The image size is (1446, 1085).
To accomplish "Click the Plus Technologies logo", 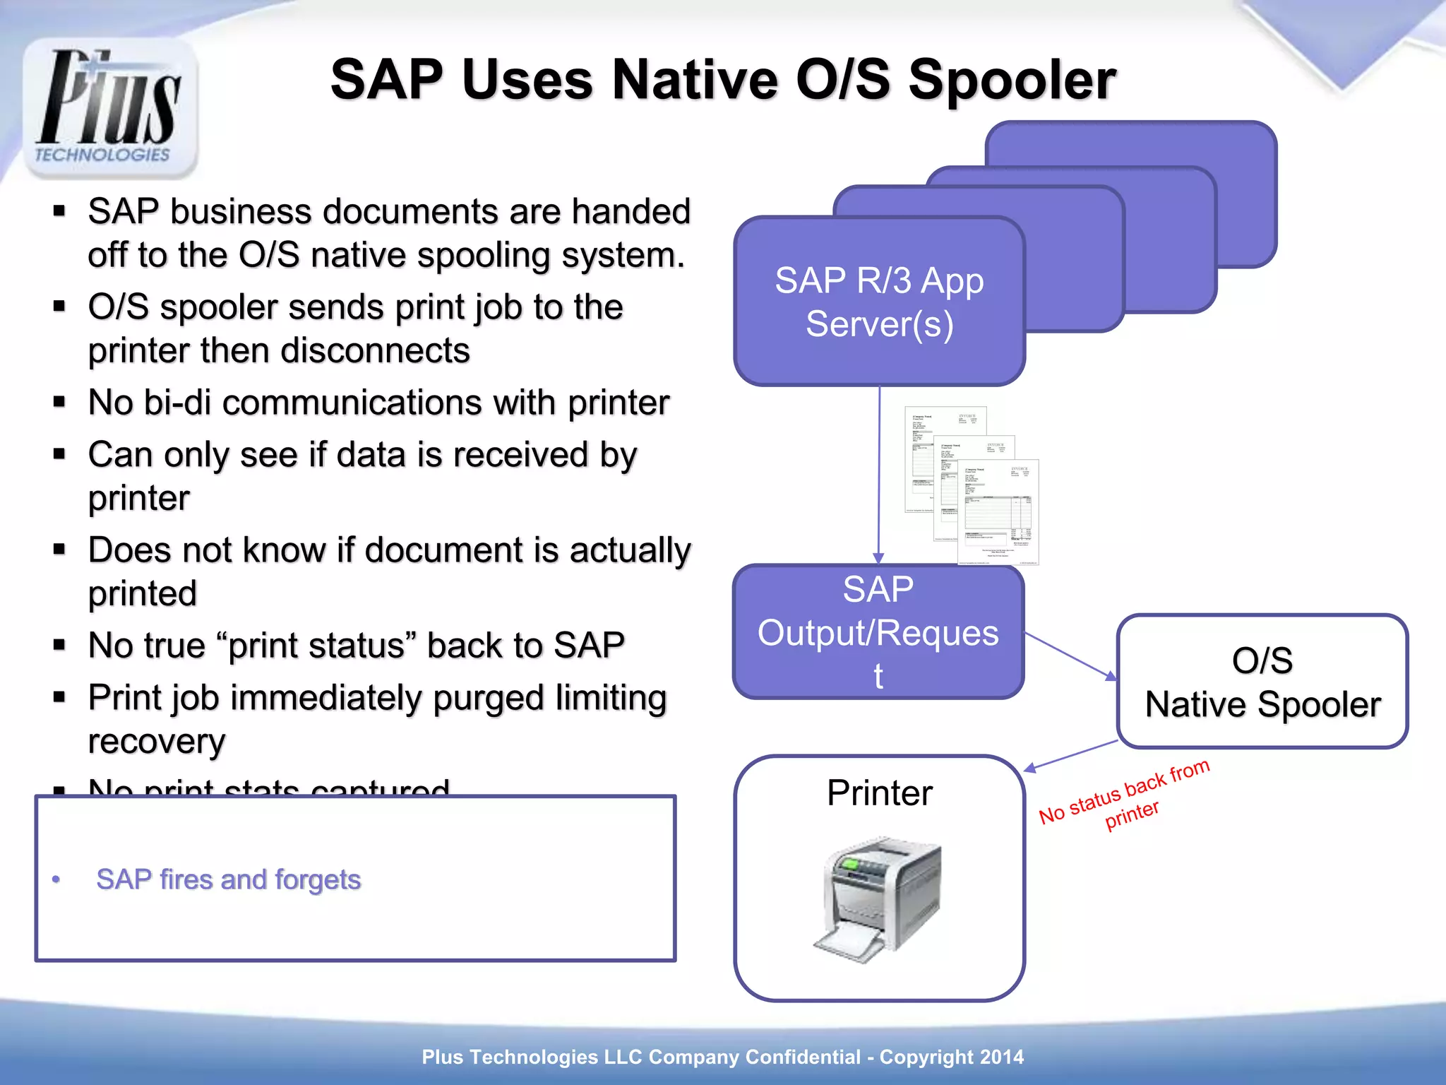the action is (x=109, y=106).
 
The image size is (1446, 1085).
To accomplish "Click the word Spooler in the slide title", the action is (x=1011, y=80).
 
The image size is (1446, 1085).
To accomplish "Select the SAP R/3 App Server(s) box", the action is (x=879, y=302).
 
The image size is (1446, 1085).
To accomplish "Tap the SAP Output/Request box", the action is (x=878, y=632).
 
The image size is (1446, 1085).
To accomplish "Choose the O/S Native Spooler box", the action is (x=1262, y=682).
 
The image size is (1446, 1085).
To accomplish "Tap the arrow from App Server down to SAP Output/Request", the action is (x=879, y=473).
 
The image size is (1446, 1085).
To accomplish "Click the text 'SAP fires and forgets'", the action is (x=228, y=879).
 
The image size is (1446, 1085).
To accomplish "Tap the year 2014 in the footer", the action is (x=1000, y=1057).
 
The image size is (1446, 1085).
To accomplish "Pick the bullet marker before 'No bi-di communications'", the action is (x=59, y=403).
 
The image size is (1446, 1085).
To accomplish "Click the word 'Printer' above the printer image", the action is (x=879, y=793).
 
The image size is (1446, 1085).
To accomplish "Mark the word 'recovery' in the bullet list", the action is (x=157, y=741).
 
